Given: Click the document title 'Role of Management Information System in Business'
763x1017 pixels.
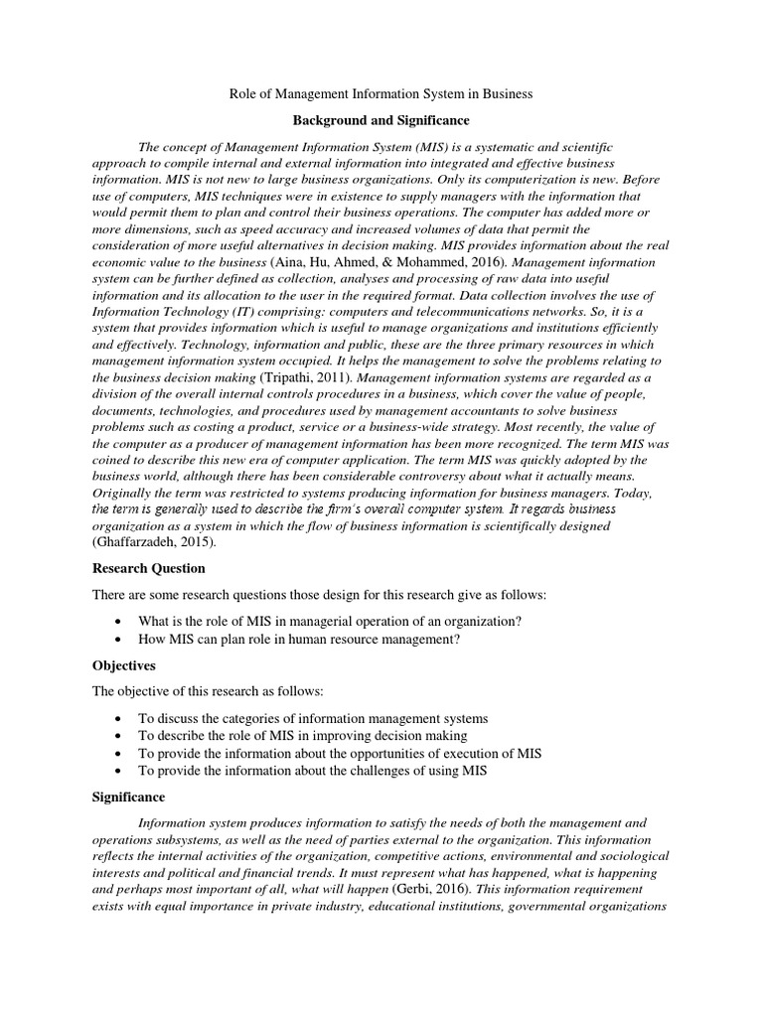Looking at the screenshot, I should pyautogui.click(x=381, y=93).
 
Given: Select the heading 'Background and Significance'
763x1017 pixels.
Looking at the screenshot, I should pyautogui.click(x=381, y=120).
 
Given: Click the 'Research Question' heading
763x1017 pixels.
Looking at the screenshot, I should pyautogui.click(x=148, y=568).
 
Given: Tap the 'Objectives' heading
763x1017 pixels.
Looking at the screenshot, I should pyautogui.click(x=124, y=665).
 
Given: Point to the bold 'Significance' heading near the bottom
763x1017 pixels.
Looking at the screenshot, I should pyautogui.click(x=129, y=797).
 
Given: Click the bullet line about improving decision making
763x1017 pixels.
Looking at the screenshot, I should pyautogui.click(x=302, y=736).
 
